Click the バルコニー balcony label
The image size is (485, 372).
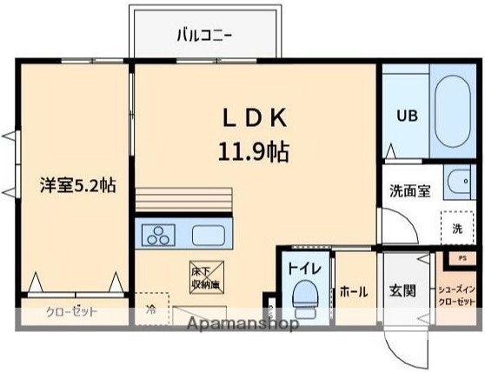coord(206,36)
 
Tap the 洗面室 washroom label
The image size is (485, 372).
coord(409,191)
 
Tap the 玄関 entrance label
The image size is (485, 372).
coord(402,290)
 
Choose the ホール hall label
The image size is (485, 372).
coord(353,290)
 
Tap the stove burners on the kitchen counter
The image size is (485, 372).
coord(160,234)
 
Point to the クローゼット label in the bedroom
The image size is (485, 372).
coord(71,312)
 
